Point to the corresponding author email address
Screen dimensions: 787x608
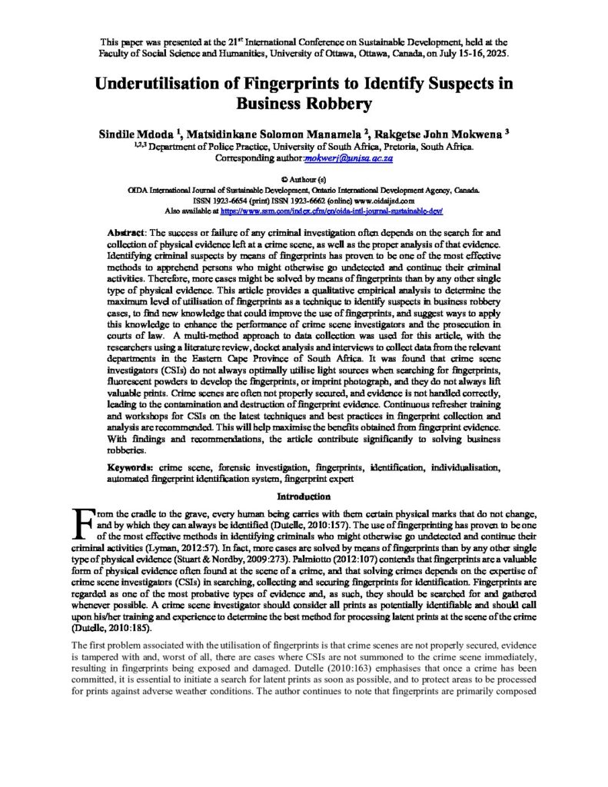pyautogui.click(x=350, y=158)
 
